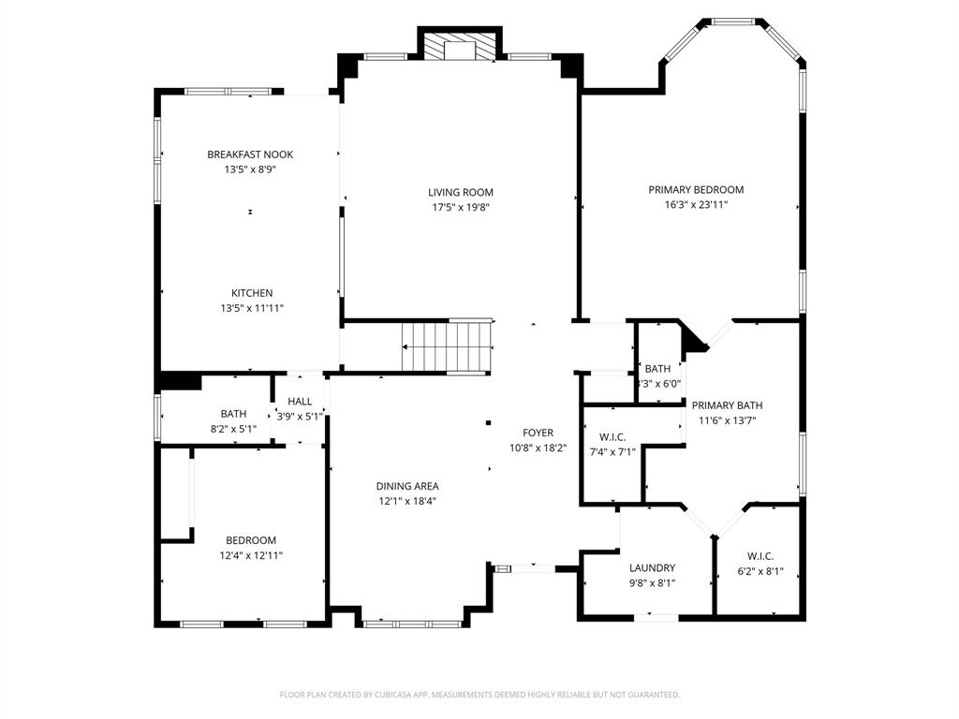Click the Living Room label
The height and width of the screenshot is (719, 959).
[x=461, y=192]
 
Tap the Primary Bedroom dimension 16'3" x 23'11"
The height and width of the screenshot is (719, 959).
[x=696, y=204]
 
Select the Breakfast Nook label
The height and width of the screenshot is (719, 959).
[x=250, y=154]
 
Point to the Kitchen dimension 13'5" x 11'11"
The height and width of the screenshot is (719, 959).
[x=253, y=308]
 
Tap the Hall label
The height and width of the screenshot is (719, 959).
[x=300, y=402]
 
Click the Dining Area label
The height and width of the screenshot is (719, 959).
[x=407, y=486]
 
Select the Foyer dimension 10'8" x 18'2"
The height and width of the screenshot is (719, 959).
[x=538, y=448]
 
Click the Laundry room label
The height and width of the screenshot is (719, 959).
[x=652, y=567]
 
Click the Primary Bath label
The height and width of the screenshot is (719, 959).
[x=727, y=405]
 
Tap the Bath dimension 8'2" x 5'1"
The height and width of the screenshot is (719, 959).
[x=233, y=429]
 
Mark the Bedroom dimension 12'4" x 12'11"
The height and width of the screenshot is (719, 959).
[x=250, y=555]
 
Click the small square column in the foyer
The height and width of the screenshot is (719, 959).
[x=488, y=422]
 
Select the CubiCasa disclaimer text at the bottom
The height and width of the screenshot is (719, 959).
[x=479, y=695]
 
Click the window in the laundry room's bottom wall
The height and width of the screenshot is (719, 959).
[x=657, y=617]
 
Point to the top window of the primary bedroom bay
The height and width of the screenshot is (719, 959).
[x=733, y=21]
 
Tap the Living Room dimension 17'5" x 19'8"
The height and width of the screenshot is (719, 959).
[x=461, y=208]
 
